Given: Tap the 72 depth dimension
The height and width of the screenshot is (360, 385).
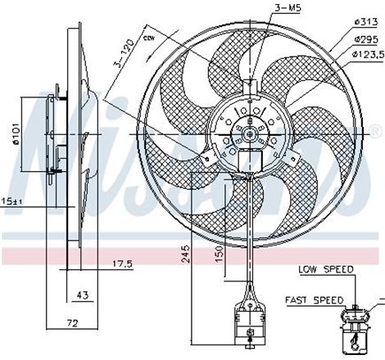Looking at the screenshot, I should tap(71, 323).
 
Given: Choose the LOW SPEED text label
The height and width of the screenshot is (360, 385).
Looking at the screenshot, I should tap(327, 268).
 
